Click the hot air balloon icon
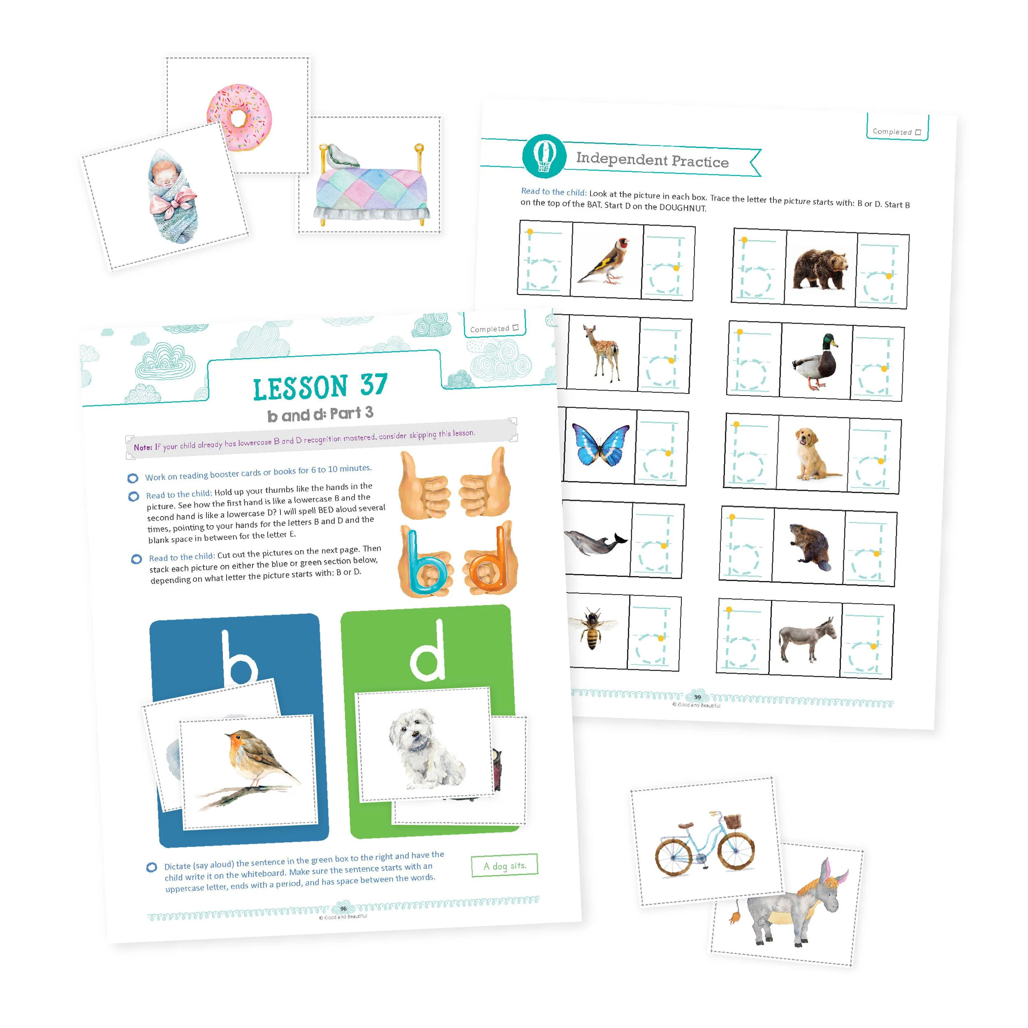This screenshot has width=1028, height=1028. (544, 155)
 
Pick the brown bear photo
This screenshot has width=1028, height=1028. (820, 268)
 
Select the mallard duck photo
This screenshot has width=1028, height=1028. (815, 362)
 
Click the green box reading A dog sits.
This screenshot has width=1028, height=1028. (505, 866)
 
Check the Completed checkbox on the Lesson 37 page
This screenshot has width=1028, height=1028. (515, 328)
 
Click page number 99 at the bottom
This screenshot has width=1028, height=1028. (697, 697)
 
